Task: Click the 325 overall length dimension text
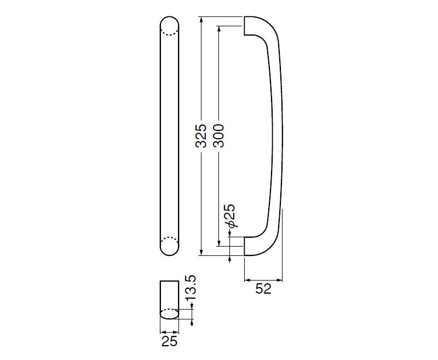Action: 201,135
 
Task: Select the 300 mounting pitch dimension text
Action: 218,135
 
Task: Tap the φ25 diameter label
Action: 230,216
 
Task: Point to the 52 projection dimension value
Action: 263,289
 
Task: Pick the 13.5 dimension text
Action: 192,292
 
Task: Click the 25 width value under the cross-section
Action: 170,341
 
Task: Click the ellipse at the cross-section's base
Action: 169,314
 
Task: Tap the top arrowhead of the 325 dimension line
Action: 201,20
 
